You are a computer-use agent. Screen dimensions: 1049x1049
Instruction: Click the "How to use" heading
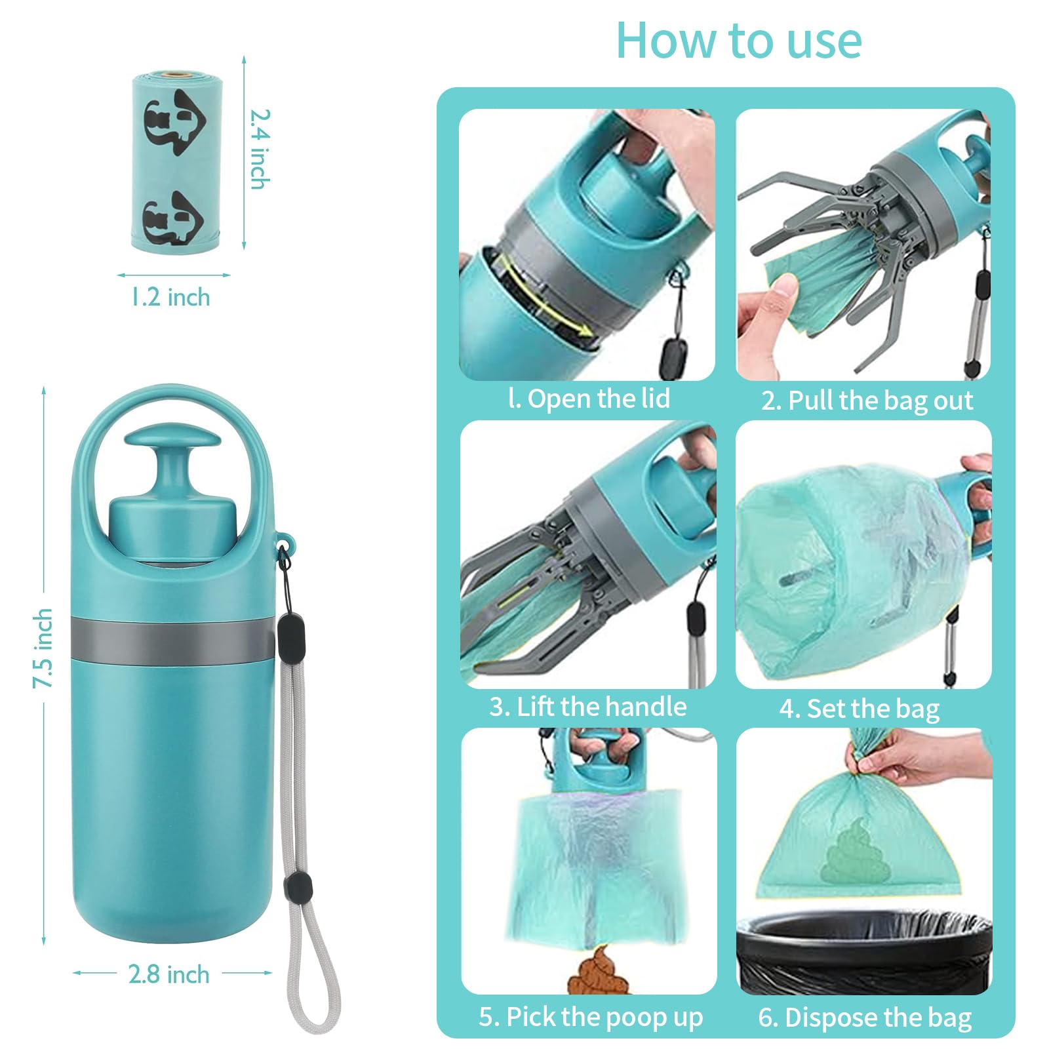[739, 41]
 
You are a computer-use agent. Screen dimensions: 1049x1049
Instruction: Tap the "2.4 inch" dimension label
[260, 149]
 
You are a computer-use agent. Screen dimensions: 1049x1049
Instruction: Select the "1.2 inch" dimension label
[170, 297]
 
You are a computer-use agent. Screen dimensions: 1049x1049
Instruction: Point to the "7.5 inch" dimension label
[43, 648]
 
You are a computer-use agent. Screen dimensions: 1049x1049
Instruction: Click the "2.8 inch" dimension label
[169, 974]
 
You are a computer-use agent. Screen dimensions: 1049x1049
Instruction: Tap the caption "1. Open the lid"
[589, 399]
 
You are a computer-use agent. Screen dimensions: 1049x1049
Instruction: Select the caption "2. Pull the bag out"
[867, 401]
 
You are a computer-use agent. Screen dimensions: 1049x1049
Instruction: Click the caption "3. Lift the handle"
[587, 707]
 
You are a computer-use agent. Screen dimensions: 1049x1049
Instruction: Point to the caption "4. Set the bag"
[859, 709]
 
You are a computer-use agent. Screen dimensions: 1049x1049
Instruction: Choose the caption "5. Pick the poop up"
[590, 1017]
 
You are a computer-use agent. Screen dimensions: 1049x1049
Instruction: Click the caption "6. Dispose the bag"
[865, 1018]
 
